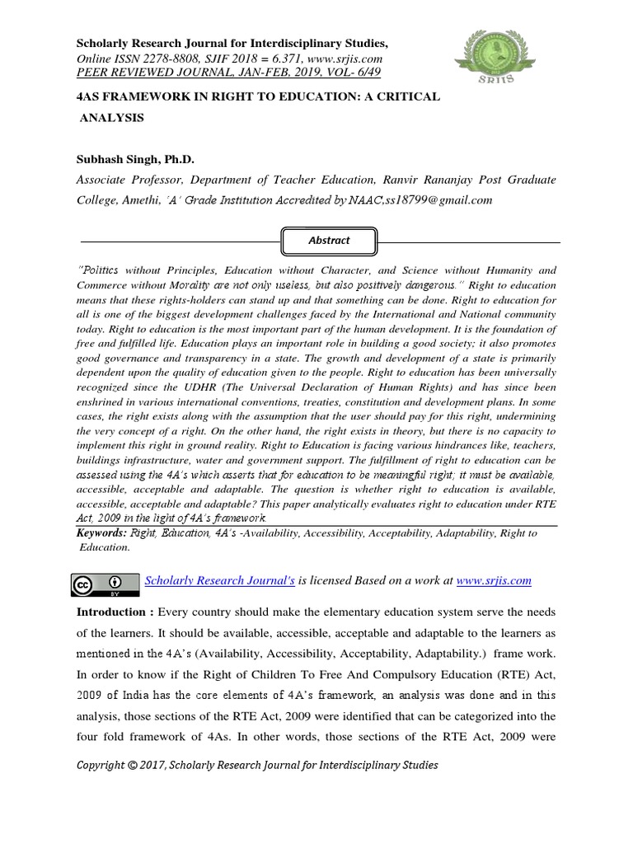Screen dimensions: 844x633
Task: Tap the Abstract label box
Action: pyautogui.click(x=329, y=241)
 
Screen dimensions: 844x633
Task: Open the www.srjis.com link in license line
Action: pyautogui.click(x=494, y=581)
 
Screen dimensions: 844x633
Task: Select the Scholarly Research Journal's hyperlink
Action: pyautogui.click(x=220, y=581)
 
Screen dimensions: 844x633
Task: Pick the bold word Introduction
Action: pyautogui.click(x=112, y=612)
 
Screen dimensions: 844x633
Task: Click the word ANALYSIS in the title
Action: pyautogui.click(x=111, y=117)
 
